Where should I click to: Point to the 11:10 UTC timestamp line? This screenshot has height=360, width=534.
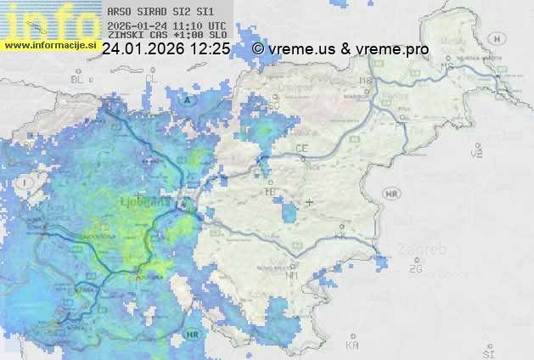pyautogui.click(x=166, y=25)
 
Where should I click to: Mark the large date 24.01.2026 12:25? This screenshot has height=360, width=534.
pyautogui.click(x=166, y=49)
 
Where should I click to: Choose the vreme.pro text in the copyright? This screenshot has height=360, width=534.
pyautogui.click(x=392, y=49)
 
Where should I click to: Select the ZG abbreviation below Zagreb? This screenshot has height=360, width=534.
pyautogui.click(x=416, y=269)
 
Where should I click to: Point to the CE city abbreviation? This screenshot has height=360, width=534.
pyautogui.click(x=301, y=149)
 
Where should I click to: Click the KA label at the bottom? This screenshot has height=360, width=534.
pyautogui.click(x=352, y=346)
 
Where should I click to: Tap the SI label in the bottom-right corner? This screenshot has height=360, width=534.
pyautogui.click(x=487, y=351)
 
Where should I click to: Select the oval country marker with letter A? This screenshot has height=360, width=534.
pyautogui.click(x=188, y=100)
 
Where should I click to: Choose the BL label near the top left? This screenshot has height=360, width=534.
pyautogui.click(x=79, y=79)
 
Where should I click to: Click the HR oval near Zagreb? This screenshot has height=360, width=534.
pyautogui.click(x=391, y=194)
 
